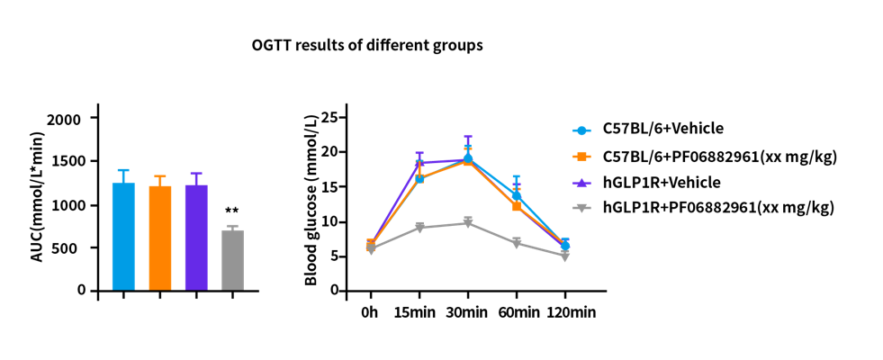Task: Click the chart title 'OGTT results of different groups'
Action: pos(367,45)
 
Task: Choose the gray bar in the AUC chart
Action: pos(233,261)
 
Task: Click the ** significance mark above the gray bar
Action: pos(232,212)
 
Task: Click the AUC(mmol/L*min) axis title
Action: pos(37,203)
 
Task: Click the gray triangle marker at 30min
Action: pos(468,222)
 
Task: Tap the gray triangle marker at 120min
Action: pos(564,256)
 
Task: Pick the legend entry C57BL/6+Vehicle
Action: pos(662,129)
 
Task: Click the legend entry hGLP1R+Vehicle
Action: pos(661,182)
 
